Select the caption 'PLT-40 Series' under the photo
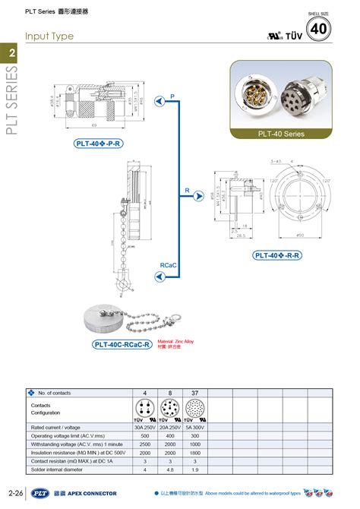281,134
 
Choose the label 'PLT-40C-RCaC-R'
122,344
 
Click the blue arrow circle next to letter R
196,192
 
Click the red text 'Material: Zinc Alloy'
175,342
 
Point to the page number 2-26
14,494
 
